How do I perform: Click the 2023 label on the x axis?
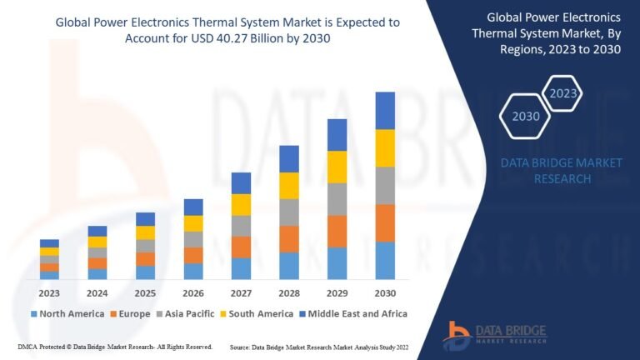point(49,293)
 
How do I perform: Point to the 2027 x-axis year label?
point(241,293)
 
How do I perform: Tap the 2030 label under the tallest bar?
point(385,293)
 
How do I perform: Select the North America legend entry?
point(66,314)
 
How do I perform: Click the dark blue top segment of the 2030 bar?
point(385,110)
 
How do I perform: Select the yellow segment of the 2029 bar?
point(337,167)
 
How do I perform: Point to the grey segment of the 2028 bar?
point(289,212)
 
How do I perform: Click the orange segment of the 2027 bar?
point(241,247)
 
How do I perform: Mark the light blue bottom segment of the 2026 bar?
point(193,271)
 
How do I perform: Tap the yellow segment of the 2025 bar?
point(145,232)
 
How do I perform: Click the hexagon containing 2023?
point(562,92)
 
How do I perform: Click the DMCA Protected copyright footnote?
point(114,346)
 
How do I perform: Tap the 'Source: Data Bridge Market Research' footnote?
point(319,346)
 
